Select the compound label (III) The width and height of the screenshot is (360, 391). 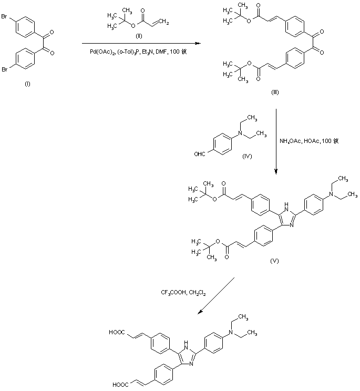[x=275, y=91]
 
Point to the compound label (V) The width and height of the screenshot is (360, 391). [x=274, y=260]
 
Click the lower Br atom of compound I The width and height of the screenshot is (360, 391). [x=6, y=68]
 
